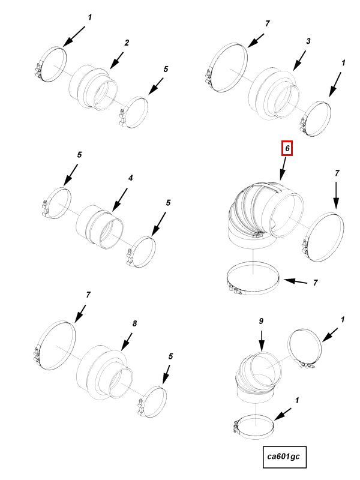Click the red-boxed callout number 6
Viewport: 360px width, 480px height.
click(287, 148)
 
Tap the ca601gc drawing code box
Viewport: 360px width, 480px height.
click(284, 457)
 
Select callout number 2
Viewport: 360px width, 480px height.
click(127, 43)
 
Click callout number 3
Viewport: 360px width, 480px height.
click(308, 41)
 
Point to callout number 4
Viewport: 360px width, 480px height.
click(130, 178)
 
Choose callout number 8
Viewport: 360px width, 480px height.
click(134, 323)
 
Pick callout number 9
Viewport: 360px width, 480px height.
click(261, 321)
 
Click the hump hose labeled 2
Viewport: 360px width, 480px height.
click(93, 87)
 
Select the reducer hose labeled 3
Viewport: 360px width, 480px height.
click(273, 94)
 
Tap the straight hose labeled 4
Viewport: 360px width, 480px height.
click(100, 227)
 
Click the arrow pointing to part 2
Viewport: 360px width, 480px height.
click(116, 61)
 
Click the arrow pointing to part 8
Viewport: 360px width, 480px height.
click(127, 341)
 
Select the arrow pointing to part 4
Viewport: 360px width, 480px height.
click(119, 200)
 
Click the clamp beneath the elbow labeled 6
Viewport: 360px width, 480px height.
click(253, 278)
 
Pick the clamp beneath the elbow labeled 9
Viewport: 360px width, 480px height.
click(254, 427)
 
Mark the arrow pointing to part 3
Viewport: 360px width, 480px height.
click(299, 61)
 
